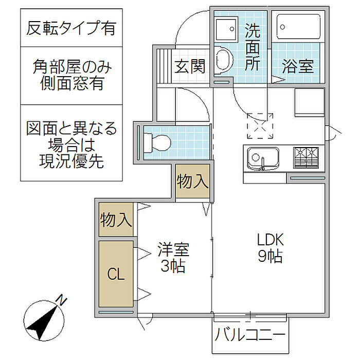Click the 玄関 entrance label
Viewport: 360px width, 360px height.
pos(189,67)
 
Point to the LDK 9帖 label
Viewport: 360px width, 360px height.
pos(271,248)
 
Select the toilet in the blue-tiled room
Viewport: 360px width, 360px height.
pos(157,140)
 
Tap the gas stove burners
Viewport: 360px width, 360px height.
pos(306,158)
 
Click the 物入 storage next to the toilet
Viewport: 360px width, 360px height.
pos(193,181)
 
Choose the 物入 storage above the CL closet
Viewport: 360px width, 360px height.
pos(116,220)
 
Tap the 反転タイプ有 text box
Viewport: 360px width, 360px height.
pos(71,27)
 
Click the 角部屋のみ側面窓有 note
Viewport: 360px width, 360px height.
pos(71,75)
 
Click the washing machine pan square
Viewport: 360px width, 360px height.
pos(224,29)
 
